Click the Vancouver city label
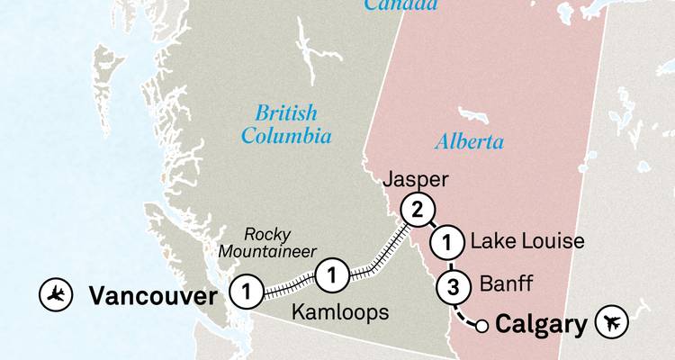coord(153,295)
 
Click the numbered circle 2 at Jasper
coord(416,211)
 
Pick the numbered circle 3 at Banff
coord(453,289)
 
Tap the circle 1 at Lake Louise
coord(445,241)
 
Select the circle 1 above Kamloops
coord(332,274)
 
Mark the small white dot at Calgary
coord(482,326)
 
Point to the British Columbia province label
coord(286,124)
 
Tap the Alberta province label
coord(469,141)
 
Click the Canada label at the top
coord(402,5)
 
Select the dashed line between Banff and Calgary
coord(464,315)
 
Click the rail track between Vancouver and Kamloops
coord(288,283)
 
